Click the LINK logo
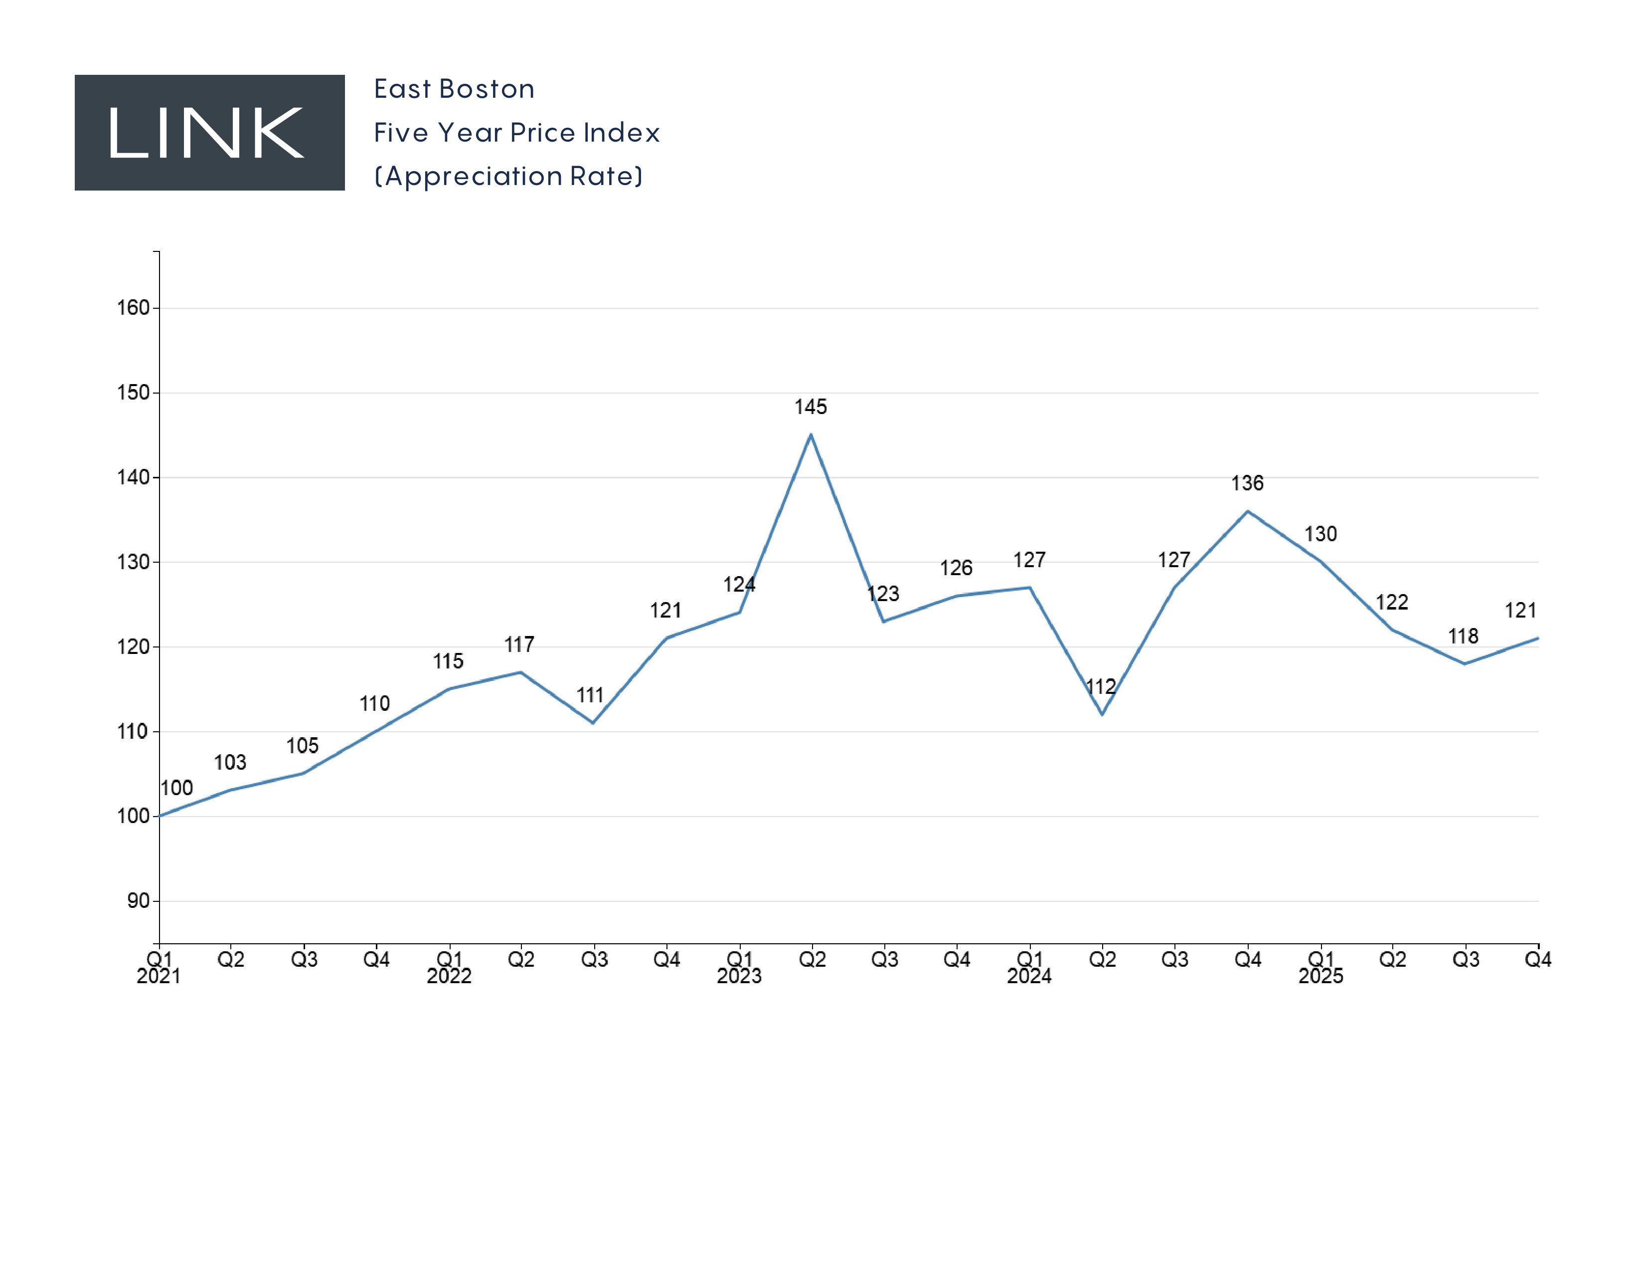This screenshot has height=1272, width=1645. [209, 133]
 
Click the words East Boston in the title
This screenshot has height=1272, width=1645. [454, 89]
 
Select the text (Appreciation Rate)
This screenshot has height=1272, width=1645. [508, 176]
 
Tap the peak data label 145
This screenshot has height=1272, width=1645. [811, 407]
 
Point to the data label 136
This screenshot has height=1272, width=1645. [1247, 483]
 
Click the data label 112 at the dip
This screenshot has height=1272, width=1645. [1101, 686]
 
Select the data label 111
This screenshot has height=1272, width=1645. [591, 695]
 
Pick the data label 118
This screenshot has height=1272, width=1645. [1464, 636]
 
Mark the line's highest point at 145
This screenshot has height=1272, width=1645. [811, 435]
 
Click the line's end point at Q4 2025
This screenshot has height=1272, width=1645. [1537, 638]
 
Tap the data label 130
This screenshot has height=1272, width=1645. [1320, 534]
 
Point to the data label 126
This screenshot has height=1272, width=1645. [956, 568]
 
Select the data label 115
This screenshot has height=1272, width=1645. [448, 661]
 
